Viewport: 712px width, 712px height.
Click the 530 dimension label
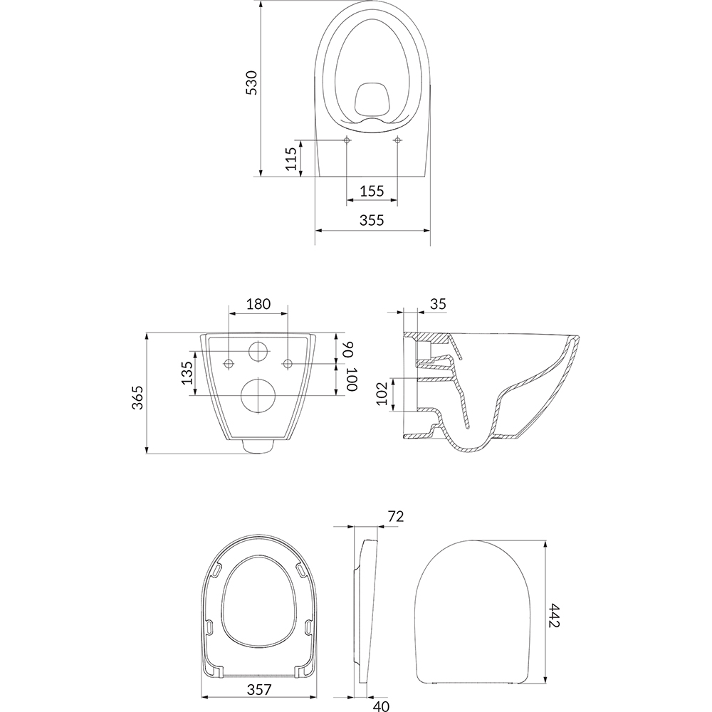pyautogui.click(x=251, y=82)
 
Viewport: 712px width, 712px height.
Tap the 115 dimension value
pyautogui.click(x=291, y=159)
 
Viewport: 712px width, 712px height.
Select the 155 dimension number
pyautogui.click(x=372, y=191)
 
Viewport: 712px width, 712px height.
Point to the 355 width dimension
pyautogui.click(x=372, y=220)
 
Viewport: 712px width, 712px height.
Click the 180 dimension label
pyautogui.click(x=258, y=304)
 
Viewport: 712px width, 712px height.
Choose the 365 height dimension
pyautogui.click(x=137, y=397)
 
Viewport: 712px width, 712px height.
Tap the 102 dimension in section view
pyautogui.click(x=383, y=394)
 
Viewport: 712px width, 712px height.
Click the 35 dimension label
pyautogui.click(x=438, y=304)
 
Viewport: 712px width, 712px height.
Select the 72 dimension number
pyautogui.click(x=395, y=516)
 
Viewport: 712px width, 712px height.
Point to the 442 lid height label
pyautogui.click(x=554, y=615)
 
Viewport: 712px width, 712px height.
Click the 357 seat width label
pyautogui.click(x=259, y=689)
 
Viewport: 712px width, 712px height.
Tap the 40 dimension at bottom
pyautogui.click(x=381, y=706)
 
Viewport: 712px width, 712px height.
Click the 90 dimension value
pyautogui.click(x=348, y=350)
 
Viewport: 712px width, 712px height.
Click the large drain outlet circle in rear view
pyautogui.click(x=258, y=395)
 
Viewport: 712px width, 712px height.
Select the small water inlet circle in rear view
pyautogui.click(x=258, y=351)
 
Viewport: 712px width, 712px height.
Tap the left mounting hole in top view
pyautogui.click(x=347, y=140)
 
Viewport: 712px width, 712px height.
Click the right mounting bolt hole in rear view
pyautogui.click(x=288, y=363)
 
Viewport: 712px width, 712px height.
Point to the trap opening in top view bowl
pyautogui.click(x=372, y=98)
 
